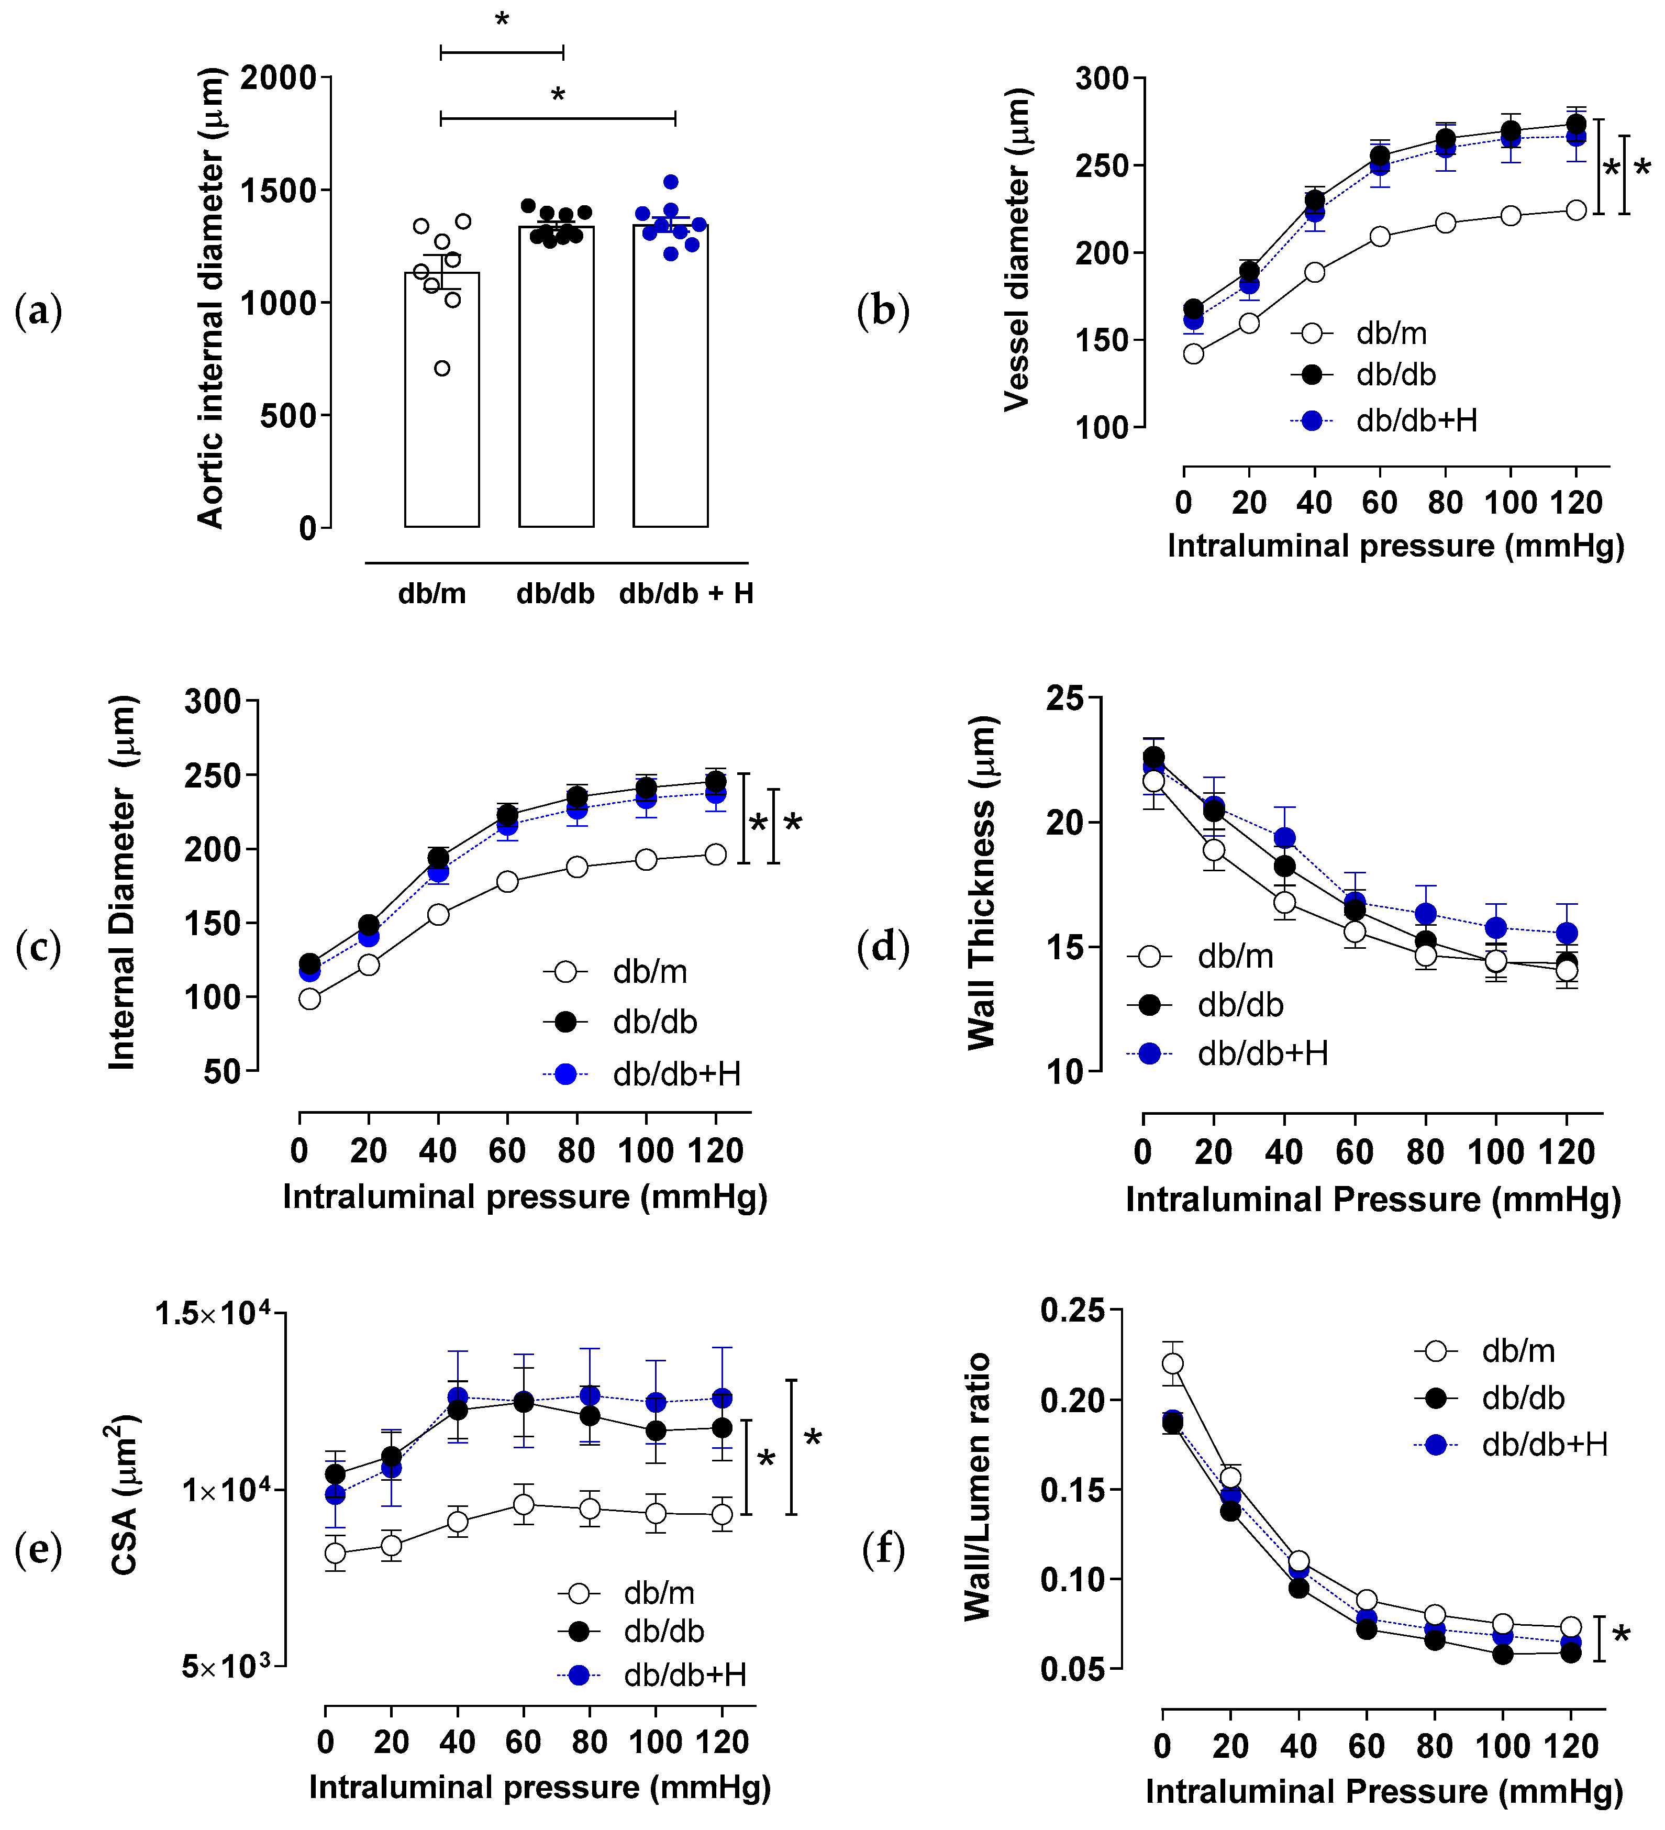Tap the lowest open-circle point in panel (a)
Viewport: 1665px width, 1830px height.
click(x=442, y=368)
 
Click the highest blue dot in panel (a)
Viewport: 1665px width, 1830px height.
click(x=671, y=182)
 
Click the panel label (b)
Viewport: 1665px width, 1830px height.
click(x=882, y=310)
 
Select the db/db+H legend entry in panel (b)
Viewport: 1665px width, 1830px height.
click(x=1384, y=421)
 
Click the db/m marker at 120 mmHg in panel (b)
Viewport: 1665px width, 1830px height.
click(x=1576, y=209)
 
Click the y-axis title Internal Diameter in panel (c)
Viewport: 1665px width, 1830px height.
click(x=123, y=882)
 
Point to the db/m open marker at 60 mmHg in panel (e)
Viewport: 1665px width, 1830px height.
click(x=523, y=1505)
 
